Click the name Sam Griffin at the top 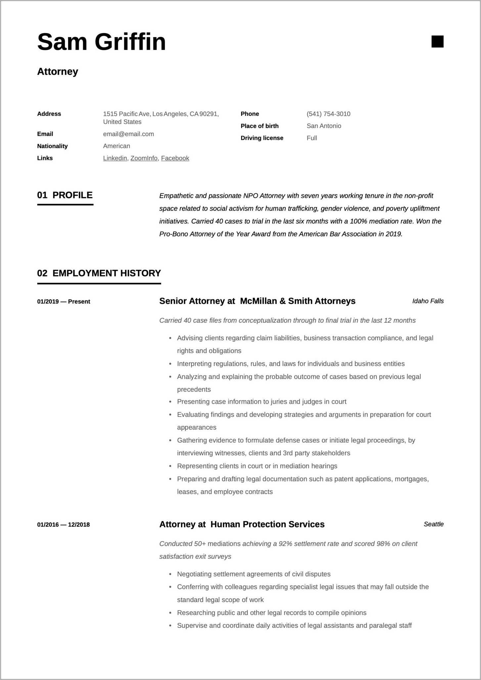[101, 42]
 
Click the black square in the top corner [437, 42]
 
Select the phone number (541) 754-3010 [328, 114]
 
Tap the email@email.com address [128, 134]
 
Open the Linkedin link [115, 158]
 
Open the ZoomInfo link [144, 158]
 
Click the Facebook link [175, 158]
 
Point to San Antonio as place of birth [324, 126]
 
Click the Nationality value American [116, 146]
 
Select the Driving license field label [262, 138]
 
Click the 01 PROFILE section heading [65, 195]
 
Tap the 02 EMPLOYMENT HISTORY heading [99, 273]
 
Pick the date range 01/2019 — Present [64, 302]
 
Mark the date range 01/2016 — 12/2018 [63, 525]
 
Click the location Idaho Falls [428, 301]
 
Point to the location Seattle [433, 524]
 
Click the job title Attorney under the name [58, 72]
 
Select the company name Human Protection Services [267, 524]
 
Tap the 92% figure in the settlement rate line [285, 544]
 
